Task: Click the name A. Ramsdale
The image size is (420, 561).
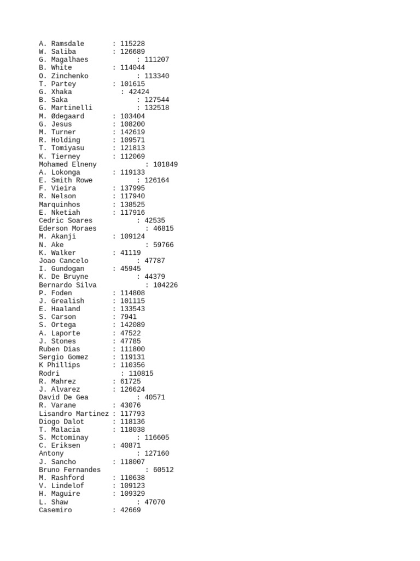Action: [61, 44]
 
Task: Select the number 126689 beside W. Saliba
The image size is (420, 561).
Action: [132, 52]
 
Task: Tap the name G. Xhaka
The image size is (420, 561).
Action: [55, 92]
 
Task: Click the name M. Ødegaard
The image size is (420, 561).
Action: [61, 116]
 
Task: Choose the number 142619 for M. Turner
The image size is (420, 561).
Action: [132, 132]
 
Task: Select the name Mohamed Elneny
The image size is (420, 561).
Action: [68, 164]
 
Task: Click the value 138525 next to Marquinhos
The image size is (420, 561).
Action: [132, 204]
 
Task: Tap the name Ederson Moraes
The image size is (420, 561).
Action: [68, 228]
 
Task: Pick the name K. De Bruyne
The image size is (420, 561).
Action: [63, 277]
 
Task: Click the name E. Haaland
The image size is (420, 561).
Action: [59, 309]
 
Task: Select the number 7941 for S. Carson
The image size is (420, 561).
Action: [129, 317]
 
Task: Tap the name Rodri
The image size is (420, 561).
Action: [49, 374]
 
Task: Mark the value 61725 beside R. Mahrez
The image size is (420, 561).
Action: [130, 381]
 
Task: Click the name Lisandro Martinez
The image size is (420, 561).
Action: [74, 414]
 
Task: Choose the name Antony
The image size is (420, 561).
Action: [51, 454]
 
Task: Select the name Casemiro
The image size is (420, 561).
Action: [55, 510]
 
